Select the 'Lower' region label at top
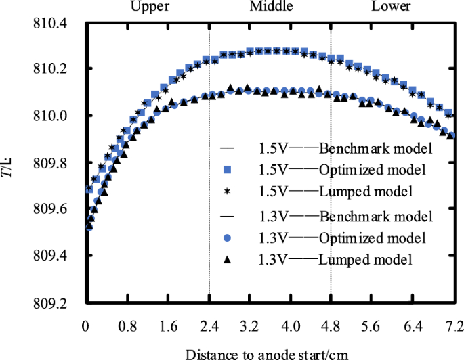pos(391,7)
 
